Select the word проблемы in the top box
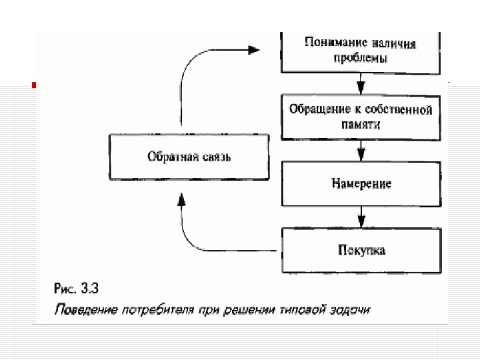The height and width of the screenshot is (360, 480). [361, 58]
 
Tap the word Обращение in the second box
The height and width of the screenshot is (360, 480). [314, 109]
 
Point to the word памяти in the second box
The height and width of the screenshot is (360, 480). [361, 124]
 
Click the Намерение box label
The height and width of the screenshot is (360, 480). [361, 183]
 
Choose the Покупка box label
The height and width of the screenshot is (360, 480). [361, 251]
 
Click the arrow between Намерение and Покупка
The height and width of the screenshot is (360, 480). [361, 217]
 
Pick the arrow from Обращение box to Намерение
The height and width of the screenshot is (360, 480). [361, 151]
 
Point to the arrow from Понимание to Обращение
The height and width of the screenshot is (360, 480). [361, 85]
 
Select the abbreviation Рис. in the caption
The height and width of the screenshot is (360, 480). [64, 289]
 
